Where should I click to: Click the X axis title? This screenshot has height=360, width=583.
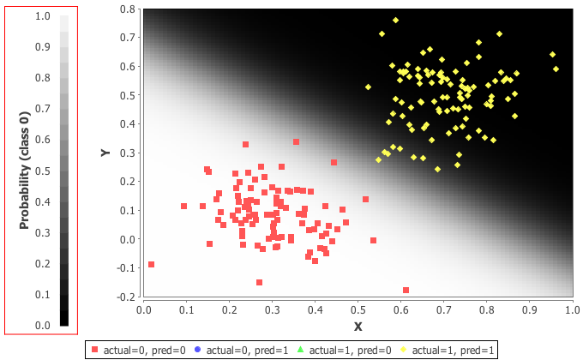(358, 327)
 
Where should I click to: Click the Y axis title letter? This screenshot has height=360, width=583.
(105, 153)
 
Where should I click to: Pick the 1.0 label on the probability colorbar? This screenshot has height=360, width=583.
(42, 16)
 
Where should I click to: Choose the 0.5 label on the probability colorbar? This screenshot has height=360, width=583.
(42, 171)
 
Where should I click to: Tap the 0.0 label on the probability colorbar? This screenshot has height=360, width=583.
(42, 326)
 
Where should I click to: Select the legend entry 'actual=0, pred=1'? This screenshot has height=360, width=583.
(241, 350)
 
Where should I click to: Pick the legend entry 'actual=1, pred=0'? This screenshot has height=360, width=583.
(344, 350)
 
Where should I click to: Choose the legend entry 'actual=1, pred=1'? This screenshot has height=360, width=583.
(447, 350)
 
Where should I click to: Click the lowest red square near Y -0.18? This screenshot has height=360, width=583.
(406, 291)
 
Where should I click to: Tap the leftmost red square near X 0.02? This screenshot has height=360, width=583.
(152, 265)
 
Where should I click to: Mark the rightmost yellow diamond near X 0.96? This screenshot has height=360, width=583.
(556, 69)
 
